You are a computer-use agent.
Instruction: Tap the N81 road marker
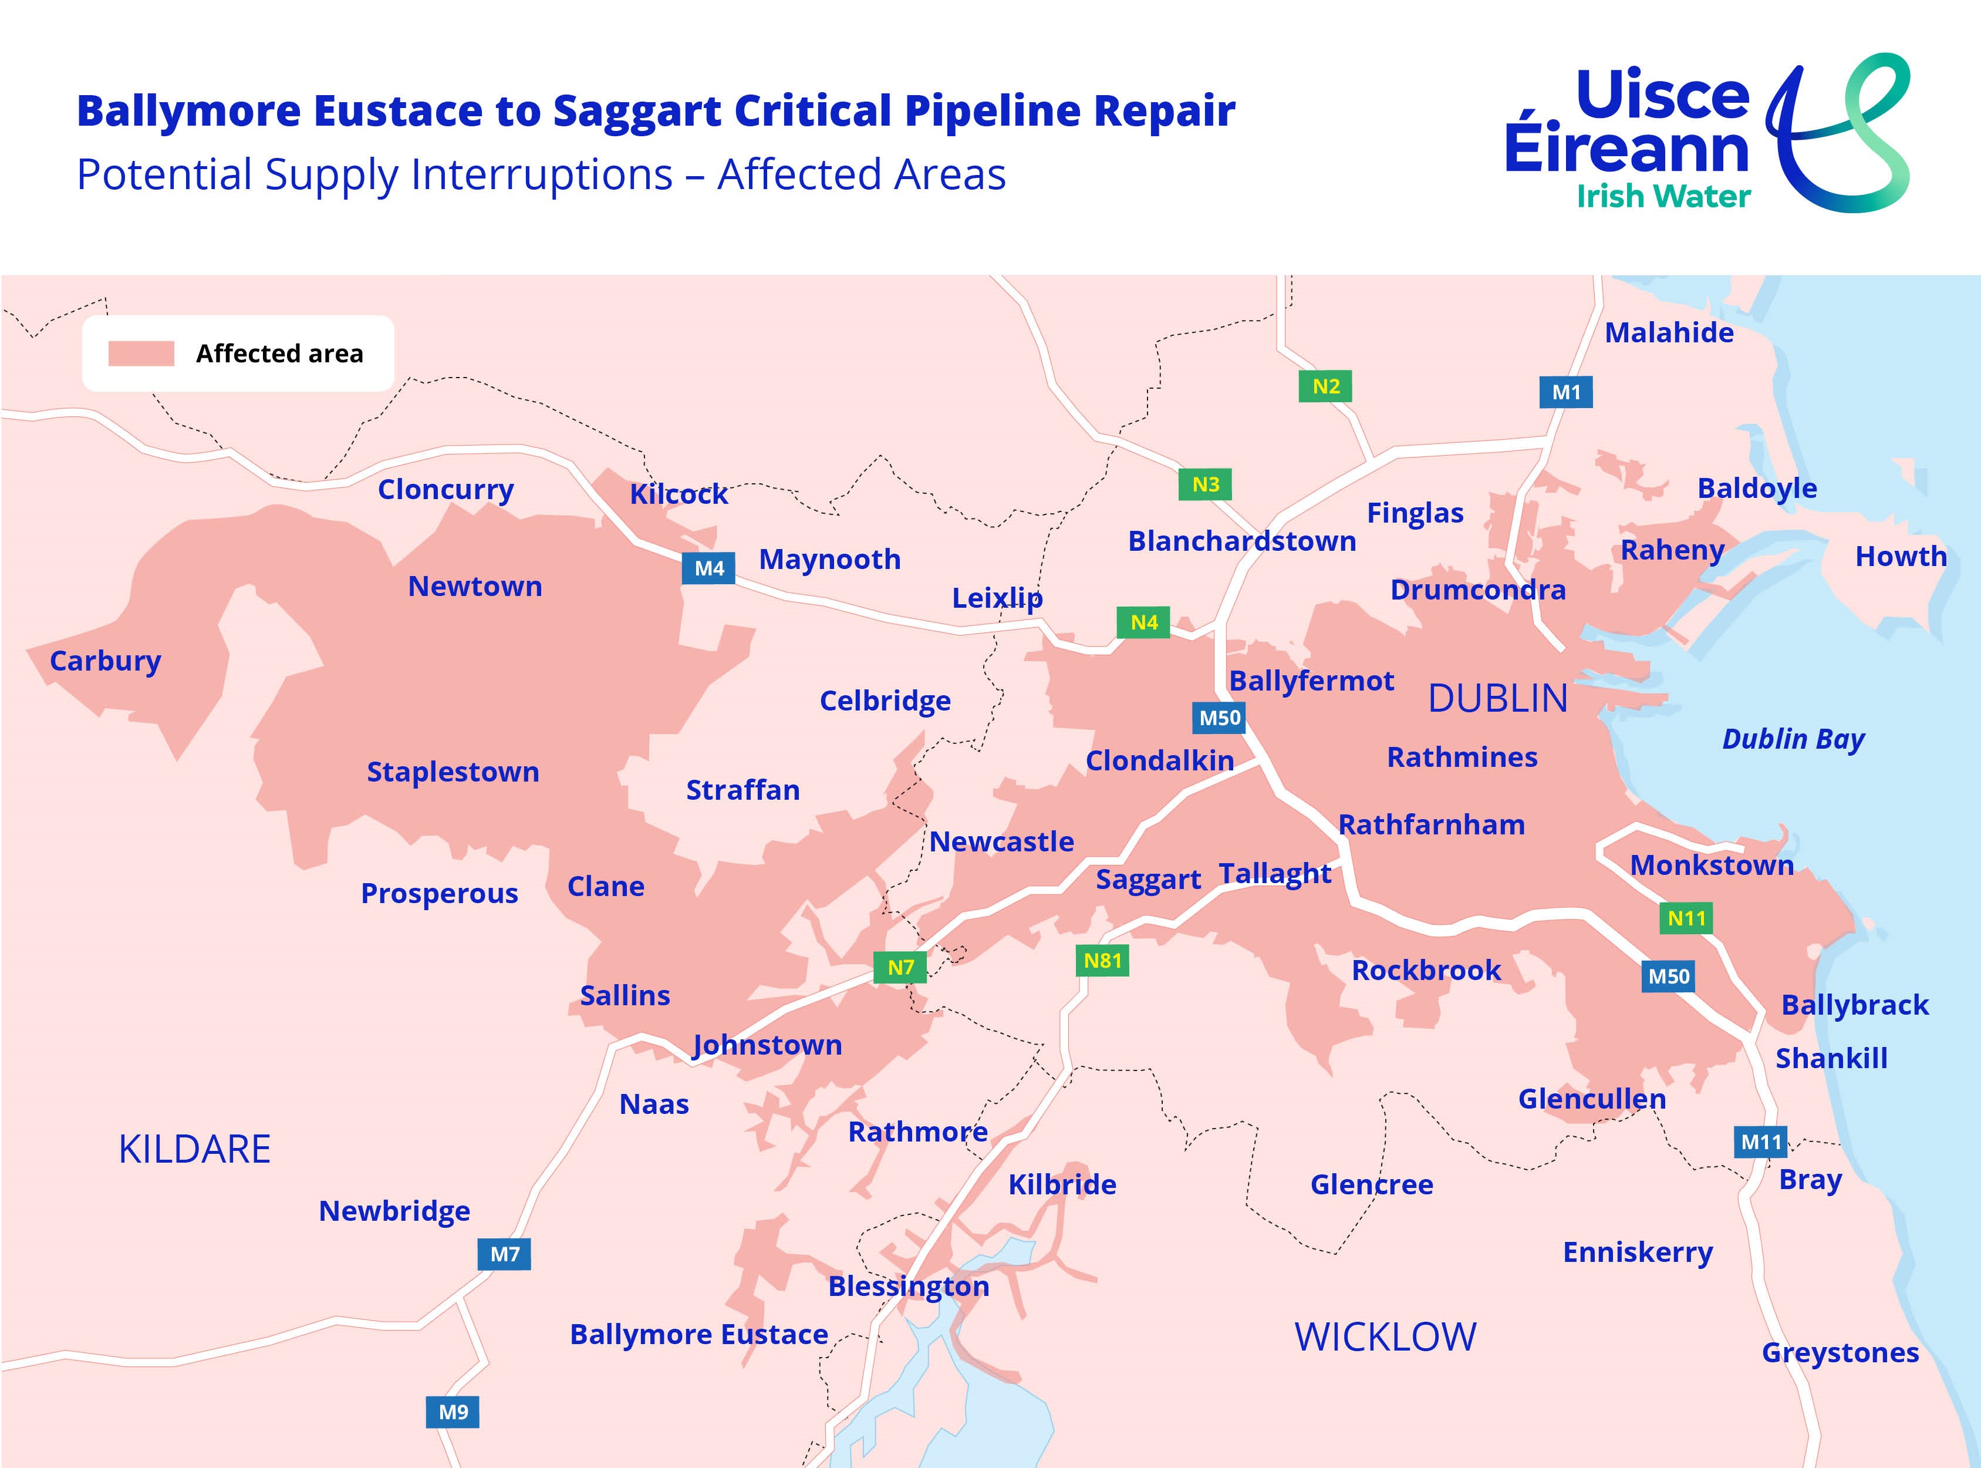point(1102,961)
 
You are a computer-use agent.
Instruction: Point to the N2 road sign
point(1325,386)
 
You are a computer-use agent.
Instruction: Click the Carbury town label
point(105,661)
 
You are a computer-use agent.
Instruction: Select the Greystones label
point(1840,1352)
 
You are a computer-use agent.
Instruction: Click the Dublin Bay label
point(1793,739)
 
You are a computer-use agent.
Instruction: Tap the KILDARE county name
point(194,1149)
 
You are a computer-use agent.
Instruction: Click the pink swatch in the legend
point(141,353)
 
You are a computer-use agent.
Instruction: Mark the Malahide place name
point(1668,332)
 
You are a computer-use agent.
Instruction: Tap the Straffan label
point(743,790)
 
